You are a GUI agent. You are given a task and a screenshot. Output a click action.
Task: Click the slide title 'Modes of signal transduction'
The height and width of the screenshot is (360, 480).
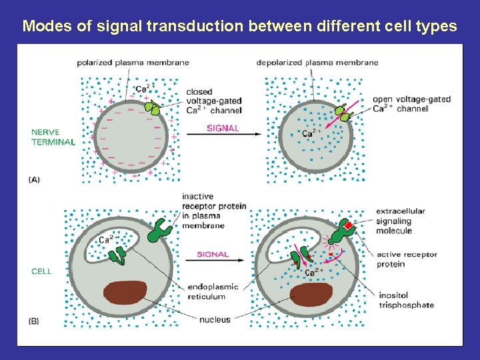(239, 27)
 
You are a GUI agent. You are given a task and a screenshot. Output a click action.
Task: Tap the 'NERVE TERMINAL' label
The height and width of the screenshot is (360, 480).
(53, 137)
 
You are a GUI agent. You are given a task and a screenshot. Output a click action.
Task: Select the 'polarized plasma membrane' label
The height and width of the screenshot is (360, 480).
(133, 63)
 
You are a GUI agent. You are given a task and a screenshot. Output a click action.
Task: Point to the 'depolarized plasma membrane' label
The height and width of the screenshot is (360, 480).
(317, 63)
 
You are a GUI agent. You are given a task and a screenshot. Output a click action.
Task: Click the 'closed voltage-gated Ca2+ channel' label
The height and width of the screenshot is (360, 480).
(213, 101)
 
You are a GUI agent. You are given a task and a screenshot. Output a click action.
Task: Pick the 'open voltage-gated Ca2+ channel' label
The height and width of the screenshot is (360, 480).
(411, 104)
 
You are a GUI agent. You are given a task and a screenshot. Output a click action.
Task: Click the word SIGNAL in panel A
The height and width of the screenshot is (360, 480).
(223, 128)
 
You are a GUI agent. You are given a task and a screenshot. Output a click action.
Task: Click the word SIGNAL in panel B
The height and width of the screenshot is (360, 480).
(213, 254)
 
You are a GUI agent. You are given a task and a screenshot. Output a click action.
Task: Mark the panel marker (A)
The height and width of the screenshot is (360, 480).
(34, 179)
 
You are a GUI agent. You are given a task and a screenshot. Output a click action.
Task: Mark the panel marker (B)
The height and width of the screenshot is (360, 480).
(34, 321)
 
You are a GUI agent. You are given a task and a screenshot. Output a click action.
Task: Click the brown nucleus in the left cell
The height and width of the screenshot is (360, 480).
(125, 293)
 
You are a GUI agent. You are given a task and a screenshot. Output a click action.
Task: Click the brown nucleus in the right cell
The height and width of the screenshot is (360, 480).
(311, 294)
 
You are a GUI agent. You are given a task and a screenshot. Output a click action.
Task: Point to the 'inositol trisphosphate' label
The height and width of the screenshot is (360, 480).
(405, 300)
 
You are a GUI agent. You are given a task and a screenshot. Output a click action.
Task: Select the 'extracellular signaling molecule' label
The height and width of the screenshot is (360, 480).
(400, 221)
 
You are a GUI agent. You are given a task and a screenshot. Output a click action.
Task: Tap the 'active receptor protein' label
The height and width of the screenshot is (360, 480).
(407, 259)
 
